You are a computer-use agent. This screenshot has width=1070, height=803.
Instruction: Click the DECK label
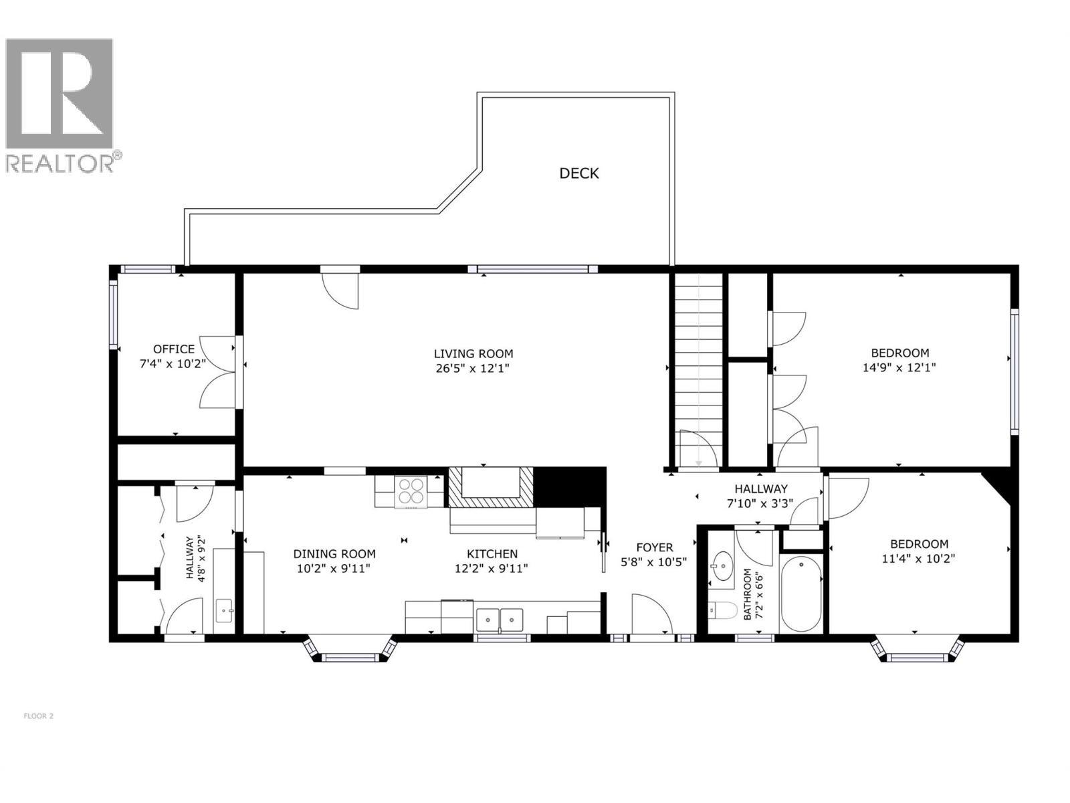point(578,173)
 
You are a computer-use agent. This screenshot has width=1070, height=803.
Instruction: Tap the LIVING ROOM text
point(473,353)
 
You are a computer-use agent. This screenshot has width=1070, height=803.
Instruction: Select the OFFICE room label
point(174,349)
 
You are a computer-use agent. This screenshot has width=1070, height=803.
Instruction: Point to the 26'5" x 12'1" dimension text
point(473,368)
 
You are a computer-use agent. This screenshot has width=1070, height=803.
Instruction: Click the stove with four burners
point(411,490)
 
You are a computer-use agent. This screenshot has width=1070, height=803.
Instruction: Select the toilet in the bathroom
point(722,610)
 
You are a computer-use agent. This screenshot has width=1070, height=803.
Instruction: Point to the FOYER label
point(654,547)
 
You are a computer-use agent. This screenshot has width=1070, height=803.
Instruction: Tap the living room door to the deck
point(340,289)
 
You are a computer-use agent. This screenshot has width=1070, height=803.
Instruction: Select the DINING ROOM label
point(334,553)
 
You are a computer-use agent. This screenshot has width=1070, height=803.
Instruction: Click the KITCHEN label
point(492,553)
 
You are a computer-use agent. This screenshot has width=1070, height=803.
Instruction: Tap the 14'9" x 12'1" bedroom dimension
point(899,367)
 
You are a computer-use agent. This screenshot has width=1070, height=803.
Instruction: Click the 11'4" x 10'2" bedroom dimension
point(918,558)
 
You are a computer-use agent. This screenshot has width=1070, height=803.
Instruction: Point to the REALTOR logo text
point(60,165)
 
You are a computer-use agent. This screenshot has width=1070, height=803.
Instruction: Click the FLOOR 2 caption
point(38,716)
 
